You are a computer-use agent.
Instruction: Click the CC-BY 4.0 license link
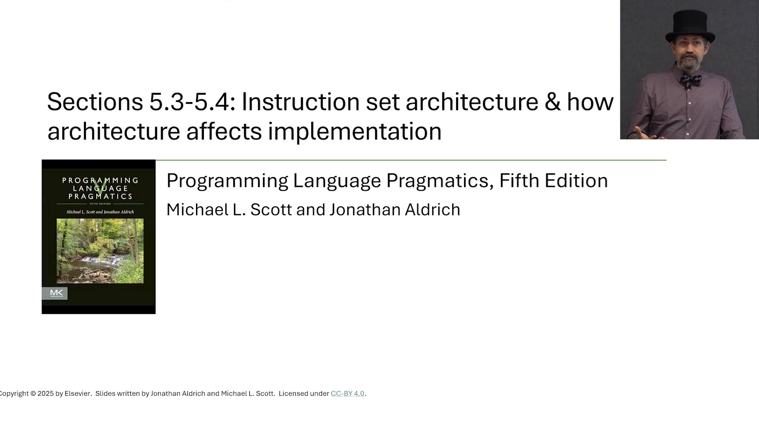point(347,394)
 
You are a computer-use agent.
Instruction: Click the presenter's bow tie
point(691,79)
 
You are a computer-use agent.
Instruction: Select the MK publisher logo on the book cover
point(55,293)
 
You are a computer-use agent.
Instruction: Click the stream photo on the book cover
point(100,251)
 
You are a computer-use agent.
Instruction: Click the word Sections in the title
point(95,102)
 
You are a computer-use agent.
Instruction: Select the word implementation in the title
point(355,131)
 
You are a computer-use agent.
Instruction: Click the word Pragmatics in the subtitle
point(440,181)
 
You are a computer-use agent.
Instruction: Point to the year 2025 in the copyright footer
point(46,394)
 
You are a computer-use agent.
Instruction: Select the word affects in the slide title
point(224,131)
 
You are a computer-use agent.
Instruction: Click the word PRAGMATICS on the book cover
point(101,196)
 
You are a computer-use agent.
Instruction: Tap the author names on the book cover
point(100,212)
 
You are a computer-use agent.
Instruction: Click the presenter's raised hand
point(645,133)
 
